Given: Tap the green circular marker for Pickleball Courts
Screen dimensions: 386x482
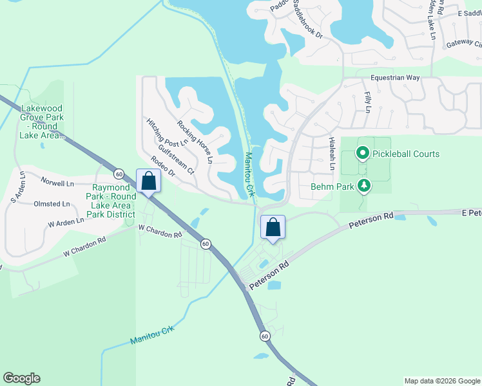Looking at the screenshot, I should (x=362, y=153).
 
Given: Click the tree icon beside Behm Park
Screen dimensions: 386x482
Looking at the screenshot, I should (x=365, y=186).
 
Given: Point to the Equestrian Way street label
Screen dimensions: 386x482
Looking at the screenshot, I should (x=395, y=78).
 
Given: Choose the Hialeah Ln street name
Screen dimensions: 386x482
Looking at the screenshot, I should (x=332, y=154).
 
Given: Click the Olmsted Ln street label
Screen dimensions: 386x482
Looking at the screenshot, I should (x=52, y=204).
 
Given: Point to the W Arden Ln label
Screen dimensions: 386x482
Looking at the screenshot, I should (x=66, y=222).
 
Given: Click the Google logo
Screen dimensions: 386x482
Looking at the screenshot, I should (x=21, y=378).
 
